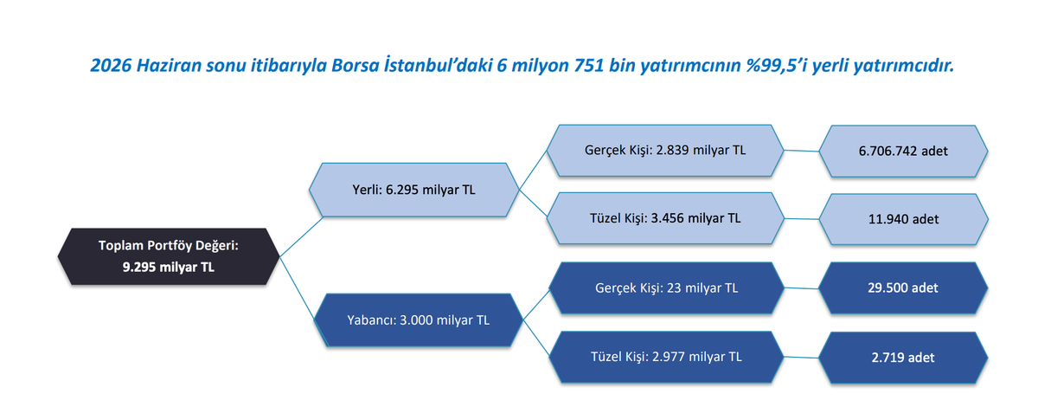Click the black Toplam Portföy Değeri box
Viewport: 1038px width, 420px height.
[x=169, y=256]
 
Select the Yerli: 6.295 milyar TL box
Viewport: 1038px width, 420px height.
[x=413, y=190]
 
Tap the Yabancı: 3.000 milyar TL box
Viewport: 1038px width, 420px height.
[x=418, y=320]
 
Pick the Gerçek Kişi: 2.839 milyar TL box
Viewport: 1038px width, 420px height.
[x=665, y=151]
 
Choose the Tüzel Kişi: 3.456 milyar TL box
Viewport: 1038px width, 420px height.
[x=665, y=218]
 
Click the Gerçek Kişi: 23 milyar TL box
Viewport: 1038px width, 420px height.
[x=666, y=288]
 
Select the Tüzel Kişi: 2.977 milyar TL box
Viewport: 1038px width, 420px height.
[x=666, y=357]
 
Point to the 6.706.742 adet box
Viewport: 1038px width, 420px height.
[x=903, y=151]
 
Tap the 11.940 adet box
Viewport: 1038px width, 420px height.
[x=903, y=219]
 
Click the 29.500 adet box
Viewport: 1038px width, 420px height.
[x=903, y=288]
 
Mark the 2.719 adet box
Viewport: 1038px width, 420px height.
[x=903, y=358]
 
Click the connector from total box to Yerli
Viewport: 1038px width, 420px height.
[x=301, y=236]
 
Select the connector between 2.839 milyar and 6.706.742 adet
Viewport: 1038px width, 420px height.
[x=801, y=151]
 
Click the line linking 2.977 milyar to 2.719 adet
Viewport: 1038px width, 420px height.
[x=801, y=357]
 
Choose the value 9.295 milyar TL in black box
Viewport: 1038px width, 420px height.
[x=169, y=268]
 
